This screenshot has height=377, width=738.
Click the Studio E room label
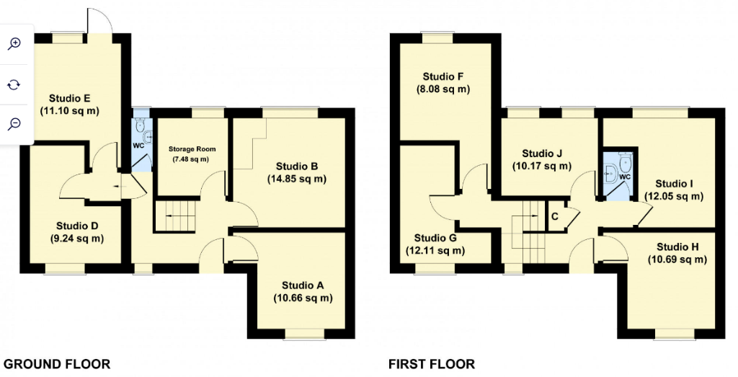point(68,98)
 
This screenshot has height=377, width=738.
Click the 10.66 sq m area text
point(303,298)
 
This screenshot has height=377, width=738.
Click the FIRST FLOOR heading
point(432,364)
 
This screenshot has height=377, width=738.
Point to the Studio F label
point(443,77)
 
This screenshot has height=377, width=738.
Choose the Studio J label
point(541,153)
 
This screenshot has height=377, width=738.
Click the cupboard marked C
point(555,216)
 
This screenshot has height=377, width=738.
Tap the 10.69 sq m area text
point(677,260)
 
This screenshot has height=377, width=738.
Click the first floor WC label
point(625,176)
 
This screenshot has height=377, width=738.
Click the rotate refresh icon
point(14,84)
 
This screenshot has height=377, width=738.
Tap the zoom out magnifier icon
point(14,124)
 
